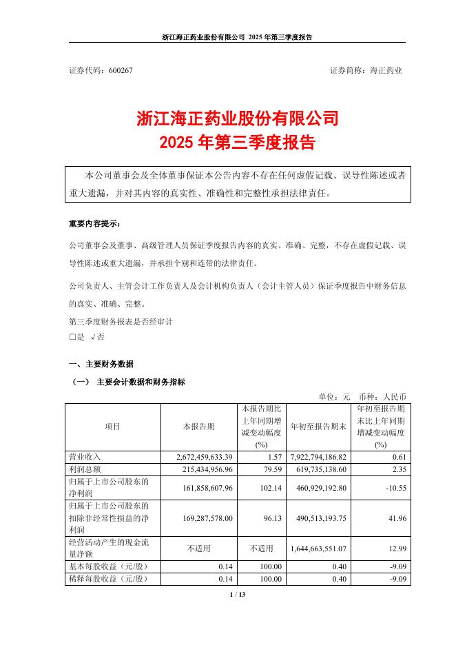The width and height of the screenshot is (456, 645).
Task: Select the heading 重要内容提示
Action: [94, 225]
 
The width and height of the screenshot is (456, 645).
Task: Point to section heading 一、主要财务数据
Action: [101, 364]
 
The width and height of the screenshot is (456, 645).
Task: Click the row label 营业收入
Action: [85, 457]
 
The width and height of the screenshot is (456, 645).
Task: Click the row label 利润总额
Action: [85, 469]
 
